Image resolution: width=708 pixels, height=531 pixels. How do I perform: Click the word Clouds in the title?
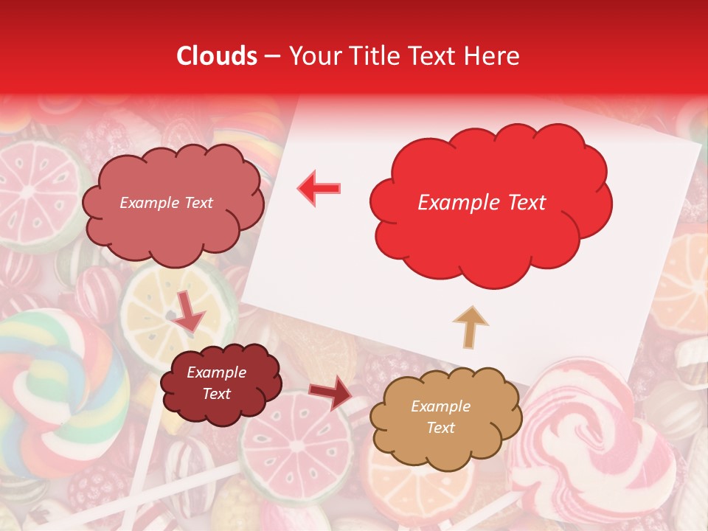coord(217,56)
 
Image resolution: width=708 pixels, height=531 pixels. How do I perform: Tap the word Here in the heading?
coord(493,56)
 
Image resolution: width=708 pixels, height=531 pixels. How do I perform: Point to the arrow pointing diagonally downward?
coord(189,313)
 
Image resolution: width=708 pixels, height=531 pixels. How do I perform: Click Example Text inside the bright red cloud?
coord(482,203)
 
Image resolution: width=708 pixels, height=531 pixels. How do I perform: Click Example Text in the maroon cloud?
coord(216,383)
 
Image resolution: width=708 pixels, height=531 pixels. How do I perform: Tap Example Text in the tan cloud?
coord(440,417)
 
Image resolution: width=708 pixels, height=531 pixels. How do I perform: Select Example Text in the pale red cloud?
coord(166,203)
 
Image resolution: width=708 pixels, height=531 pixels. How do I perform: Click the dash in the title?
coord(273,56)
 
